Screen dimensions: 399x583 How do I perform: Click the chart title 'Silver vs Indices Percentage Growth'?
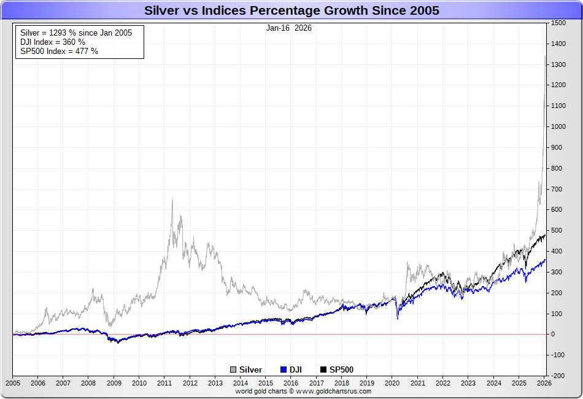pyautogui.click(x=291, y=10)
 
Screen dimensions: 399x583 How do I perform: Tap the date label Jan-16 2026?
pyautogui.click(x=288, y=28)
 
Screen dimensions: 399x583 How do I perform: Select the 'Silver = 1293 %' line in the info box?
pyautogui.click(x=76, y=33)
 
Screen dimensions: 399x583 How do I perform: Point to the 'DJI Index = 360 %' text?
pyautogui.click(x=53, y=42)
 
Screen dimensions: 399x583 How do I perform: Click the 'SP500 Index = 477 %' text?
pyautogui.click(x=59, y=51)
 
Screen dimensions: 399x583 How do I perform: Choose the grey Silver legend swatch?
pyautogui.click(x=233, y=370)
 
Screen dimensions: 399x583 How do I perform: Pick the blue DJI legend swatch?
pyautogui.click(x=284, y=370)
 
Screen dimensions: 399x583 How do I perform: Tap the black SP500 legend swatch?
pyautogui.click(x=323, y=370)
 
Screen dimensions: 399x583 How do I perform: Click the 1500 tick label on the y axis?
pyautogui.click(x=558, y=23)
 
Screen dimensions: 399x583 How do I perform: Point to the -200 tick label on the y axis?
pyautogui.click(x=558, y=376)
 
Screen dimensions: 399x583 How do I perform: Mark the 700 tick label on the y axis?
pyautogui.click(x=557, y=189)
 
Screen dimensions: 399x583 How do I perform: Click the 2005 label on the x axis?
pyautogui.click(x=12, y=383)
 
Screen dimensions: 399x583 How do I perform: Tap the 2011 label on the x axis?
pyautogui.click(x=164, y=383)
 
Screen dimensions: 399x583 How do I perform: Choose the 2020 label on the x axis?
pyautogui.click(x=392, y=383)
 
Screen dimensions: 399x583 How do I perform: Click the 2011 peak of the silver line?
pyautogui.click(x=172, y=200)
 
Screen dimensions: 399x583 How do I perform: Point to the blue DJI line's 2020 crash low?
pyautogui.click(x=398, y=319)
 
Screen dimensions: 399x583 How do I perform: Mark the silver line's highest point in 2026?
pyautogui.click(x=545, y=57)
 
